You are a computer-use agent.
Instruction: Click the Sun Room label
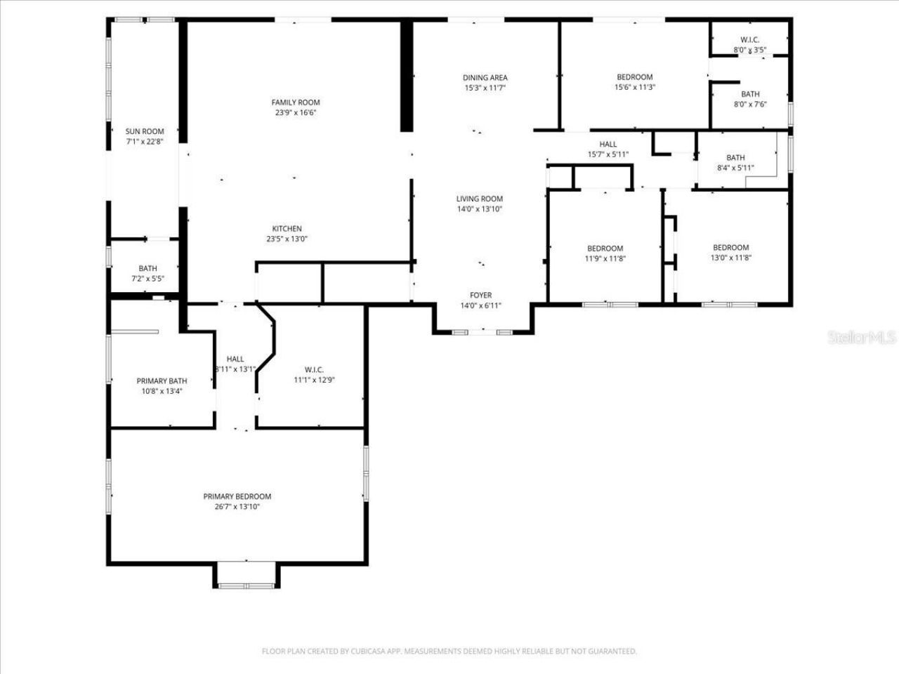145,131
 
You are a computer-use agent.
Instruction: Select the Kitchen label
287,229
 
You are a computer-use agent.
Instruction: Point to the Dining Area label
485,78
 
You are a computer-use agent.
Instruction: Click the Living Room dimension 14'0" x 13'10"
480,209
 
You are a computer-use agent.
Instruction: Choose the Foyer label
481,296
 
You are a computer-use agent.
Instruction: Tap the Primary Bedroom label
237,496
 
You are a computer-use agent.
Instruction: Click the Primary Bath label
162,381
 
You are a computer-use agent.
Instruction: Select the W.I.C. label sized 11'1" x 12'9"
314,370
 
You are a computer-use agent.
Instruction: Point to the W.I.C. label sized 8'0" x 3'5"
750,40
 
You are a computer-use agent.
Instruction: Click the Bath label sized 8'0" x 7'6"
750,94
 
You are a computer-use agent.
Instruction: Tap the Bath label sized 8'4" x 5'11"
735,158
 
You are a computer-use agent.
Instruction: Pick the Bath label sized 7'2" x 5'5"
147,268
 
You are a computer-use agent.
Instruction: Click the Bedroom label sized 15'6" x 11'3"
635,77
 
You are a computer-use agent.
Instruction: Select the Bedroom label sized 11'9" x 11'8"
605,249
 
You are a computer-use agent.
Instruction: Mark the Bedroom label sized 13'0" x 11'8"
730,248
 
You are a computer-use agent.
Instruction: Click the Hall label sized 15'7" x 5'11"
608,145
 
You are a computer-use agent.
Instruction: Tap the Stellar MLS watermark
862,338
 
